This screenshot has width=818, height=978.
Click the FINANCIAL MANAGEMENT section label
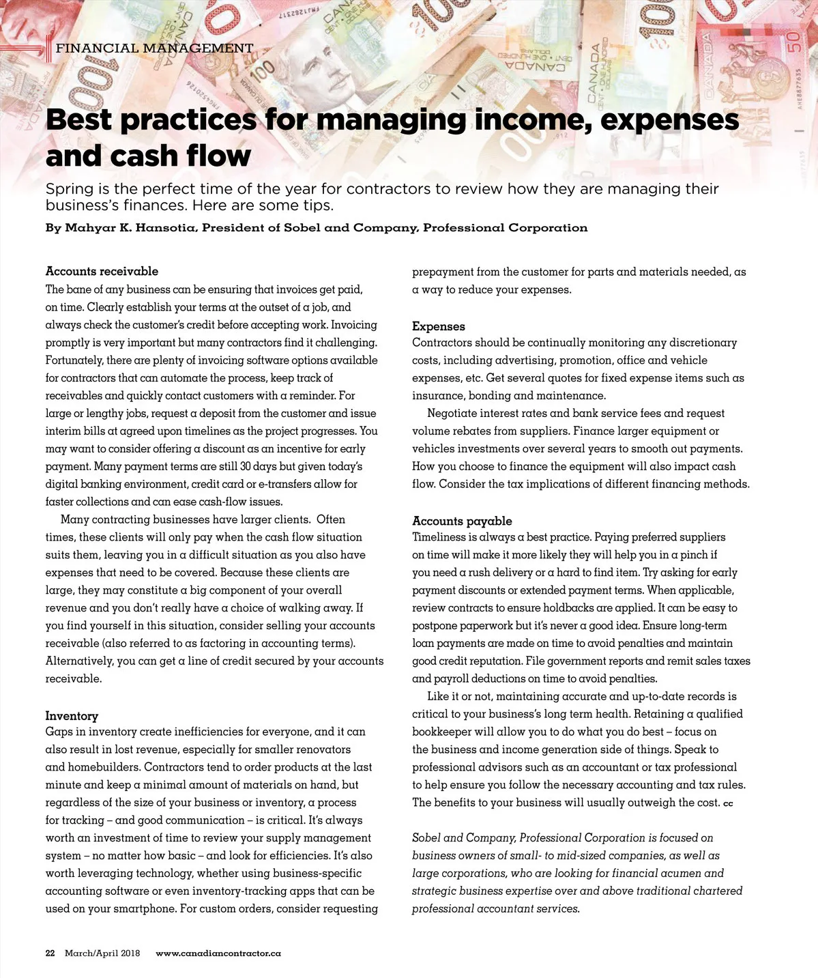(x=154, y=48)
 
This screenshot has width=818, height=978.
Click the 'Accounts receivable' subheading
(x=102, y=271)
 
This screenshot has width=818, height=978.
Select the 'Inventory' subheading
(x=72, y=715)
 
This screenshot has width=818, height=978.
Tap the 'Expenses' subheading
(x=439, y=326)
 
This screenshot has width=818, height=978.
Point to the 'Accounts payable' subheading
(x=462, y=521)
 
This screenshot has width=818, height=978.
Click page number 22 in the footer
(x=50, y=953)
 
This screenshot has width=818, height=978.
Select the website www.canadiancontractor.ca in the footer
(x=218, y=953)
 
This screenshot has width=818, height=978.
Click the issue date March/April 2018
(x=102, y=953)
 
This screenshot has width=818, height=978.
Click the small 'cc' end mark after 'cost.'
(x=728, y=803)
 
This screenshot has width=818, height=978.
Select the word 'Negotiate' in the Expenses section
(x=452, y=413)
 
